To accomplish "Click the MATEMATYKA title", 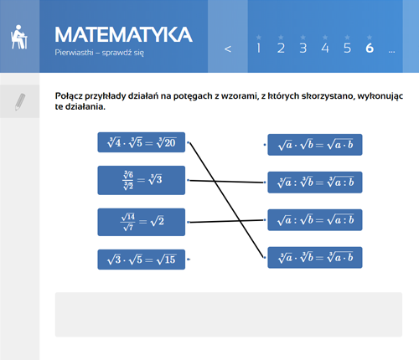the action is pyautogui.click(x=123, y=34).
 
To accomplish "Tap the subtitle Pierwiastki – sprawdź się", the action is pyautogui.click(x=100, y=53).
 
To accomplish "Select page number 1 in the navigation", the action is pyautogui.click(x=259, y=49).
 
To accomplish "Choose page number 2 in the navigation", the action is pyautogui.click(x=281, y=49).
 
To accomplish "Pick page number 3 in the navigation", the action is pyautogui.click(x=303, y=49).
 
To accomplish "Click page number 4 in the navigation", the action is pyautogui.click(x=325, y=49).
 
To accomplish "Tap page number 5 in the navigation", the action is pyautogui.click(x=347, y=49).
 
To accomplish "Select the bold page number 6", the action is pyautogui.click(x=370, y=49).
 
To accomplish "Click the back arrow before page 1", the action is pyautogui.click(x=228, y=49).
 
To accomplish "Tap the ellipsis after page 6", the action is pyautogui.click(x=391, y=52).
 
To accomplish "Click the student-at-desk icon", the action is pyautogui.click(x=19, y=37).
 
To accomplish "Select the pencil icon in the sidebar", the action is pyautogui.click(x=19, y=102).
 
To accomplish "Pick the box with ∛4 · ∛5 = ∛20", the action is pyautogui.click(x=142, y=142).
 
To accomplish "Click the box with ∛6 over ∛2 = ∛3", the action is pyautogui.click(x=142, y=180).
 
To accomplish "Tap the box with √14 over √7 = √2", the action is pyautogui.click(x=142, y=222).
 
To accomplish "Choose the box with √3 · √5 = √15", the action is pyautogui.click(x=142, y=260).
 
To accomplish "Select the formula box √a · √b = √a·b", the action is pyautogui.click(x=315, y=145).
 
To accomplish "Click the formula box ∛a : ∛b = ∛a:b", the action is pyautogui.click(x=315, y=183).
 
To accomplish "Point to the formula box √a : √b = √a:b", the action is pyautogui.click(x=315, y=220).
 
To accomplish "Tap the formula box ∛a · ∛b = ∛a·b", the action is pyautogui.click(x=315, y=258).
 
